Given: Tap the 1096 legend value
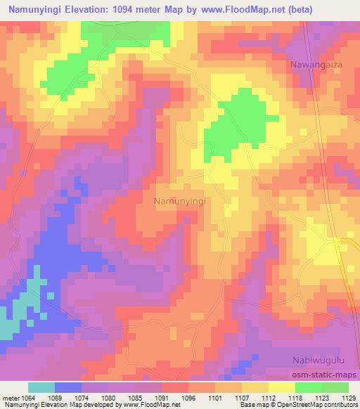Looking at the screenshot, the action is click(x=190, y=398).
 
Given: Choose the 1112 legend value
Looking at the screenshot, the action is click(x=267, y=398).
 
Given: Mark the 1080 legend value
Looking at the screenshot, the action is click(x=110, y=398).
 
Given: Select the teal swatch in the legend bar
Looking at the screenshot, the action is click(x=41, y=387).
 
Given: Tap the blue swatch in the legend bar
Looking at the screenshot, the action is click(x=68, y=387).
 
